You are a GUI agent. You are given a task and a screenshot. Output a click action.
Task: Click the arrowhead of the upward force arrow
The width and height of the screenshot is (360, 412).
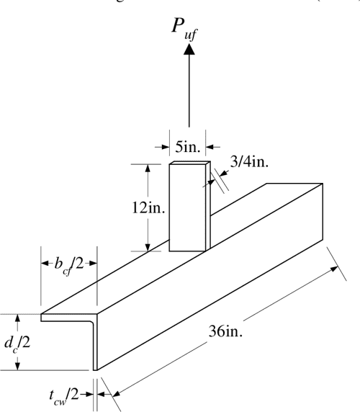click(189, 49)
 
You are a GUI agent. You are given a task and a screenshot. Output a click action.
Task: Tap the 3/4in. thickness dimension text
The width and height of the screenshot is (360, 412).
click(249, 161)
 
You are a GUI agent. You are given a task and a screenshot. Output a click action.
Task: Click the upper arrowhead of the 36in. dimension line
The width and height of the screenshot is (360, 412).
click(334, 268)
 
